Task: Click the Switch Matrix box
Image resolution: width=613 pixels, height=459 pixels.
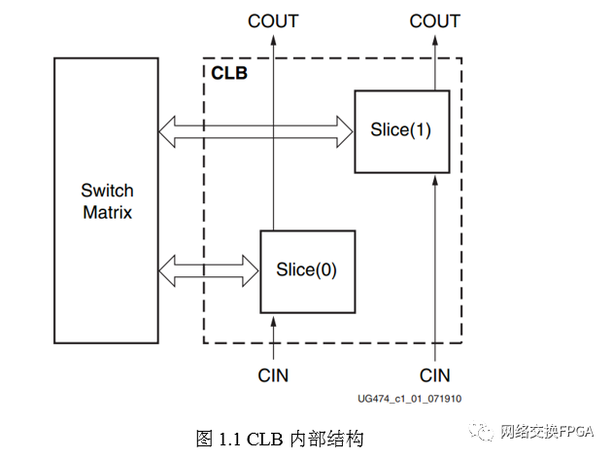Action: tap(107, 200)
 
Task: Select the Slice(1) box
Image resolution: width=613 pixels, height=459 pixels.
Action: tap(401, 130)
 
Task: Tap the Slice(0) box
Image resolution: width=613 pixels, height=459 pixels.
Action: tap(307, 270)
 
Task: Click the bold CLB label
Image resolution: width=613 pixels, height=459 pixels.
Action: tap(229, 72)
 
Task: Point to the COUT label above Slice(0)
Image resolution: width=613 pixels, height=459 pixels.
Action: tap(274, 20)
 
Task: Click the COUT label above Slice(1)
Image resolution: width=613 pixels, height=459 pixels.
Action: tap(434, 20)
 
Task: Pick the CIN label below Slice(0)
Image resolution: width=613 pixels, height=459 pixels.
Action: tap(274, 375)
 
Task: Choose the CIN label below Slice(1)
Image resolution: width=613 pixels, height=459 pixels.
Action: tap(434, 375)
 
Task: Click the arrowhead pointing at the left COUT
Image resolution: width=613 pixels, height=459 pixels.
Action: tap(274, 42)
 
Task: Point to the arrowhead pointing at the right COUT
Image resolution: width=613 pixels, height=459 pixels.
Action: tap(434, 42)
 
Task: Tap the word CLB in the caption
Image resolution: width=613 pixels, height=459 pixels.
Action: tap(265, 438)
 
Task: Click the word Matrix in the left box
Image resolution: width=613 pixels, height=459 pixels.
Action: tap(107, 212)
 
